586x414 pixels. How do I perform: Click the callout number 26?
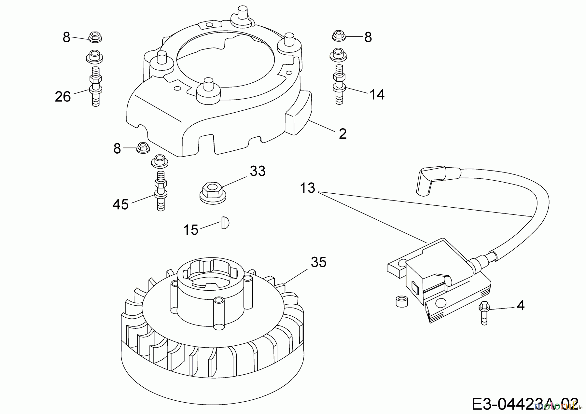coord(63,97)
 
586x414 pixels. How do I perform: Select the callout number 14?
coord(377,94)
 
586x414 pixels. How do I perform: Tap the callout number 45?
coord(120,205)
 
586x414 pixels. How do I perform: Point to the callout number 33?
coord(258,171)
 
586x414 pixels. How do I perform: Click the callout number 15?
coord(191,230)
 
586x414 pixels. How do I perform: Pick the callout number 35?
coord(318,262)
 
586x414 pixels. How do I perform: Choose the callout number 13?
coord(308,188)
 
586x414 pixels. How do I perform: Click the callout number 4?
coord(521,305)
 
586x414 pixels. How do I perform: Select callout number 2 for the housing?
coord(342,134)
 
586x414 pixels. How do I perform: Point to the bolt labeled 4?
coord(484,312)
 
